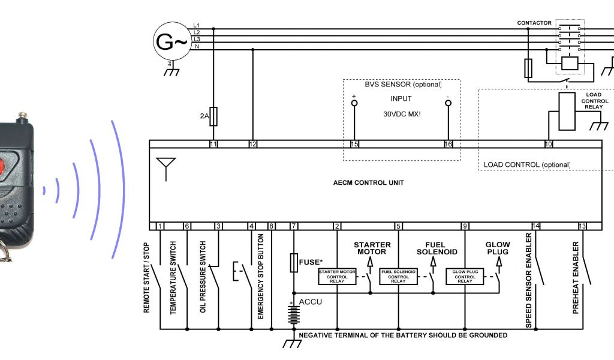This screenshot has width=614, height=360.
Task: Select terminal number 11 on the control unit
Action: (213, 144)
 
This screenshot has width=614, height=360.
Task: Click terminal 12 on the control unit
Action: (252, 144)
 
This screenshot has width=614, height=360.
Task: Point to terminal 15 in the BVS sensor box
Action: (354, 144)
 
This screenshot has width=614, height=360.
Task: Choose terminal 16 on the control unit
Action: (447, 144)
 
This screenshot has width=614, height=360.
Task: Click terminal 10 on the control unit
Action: (548, 144)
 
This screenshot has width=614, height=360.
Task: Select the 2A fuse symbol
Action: (213, 117)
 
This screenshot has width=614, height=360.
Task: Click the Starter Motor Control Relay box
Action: (337, 277)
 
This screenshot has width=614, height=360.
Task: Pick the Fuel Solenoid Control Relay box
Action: (398, 277)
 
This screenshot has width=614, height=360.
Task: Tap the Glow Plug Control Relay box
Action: (465, 277)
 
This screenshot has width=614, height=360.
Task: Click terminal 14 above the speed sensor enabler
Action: (536, 226)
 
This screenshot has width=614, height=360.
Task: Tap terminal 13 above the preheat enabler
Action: (582, 226)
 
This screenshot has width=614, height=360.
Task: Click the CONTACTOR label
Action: (534, 23)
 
